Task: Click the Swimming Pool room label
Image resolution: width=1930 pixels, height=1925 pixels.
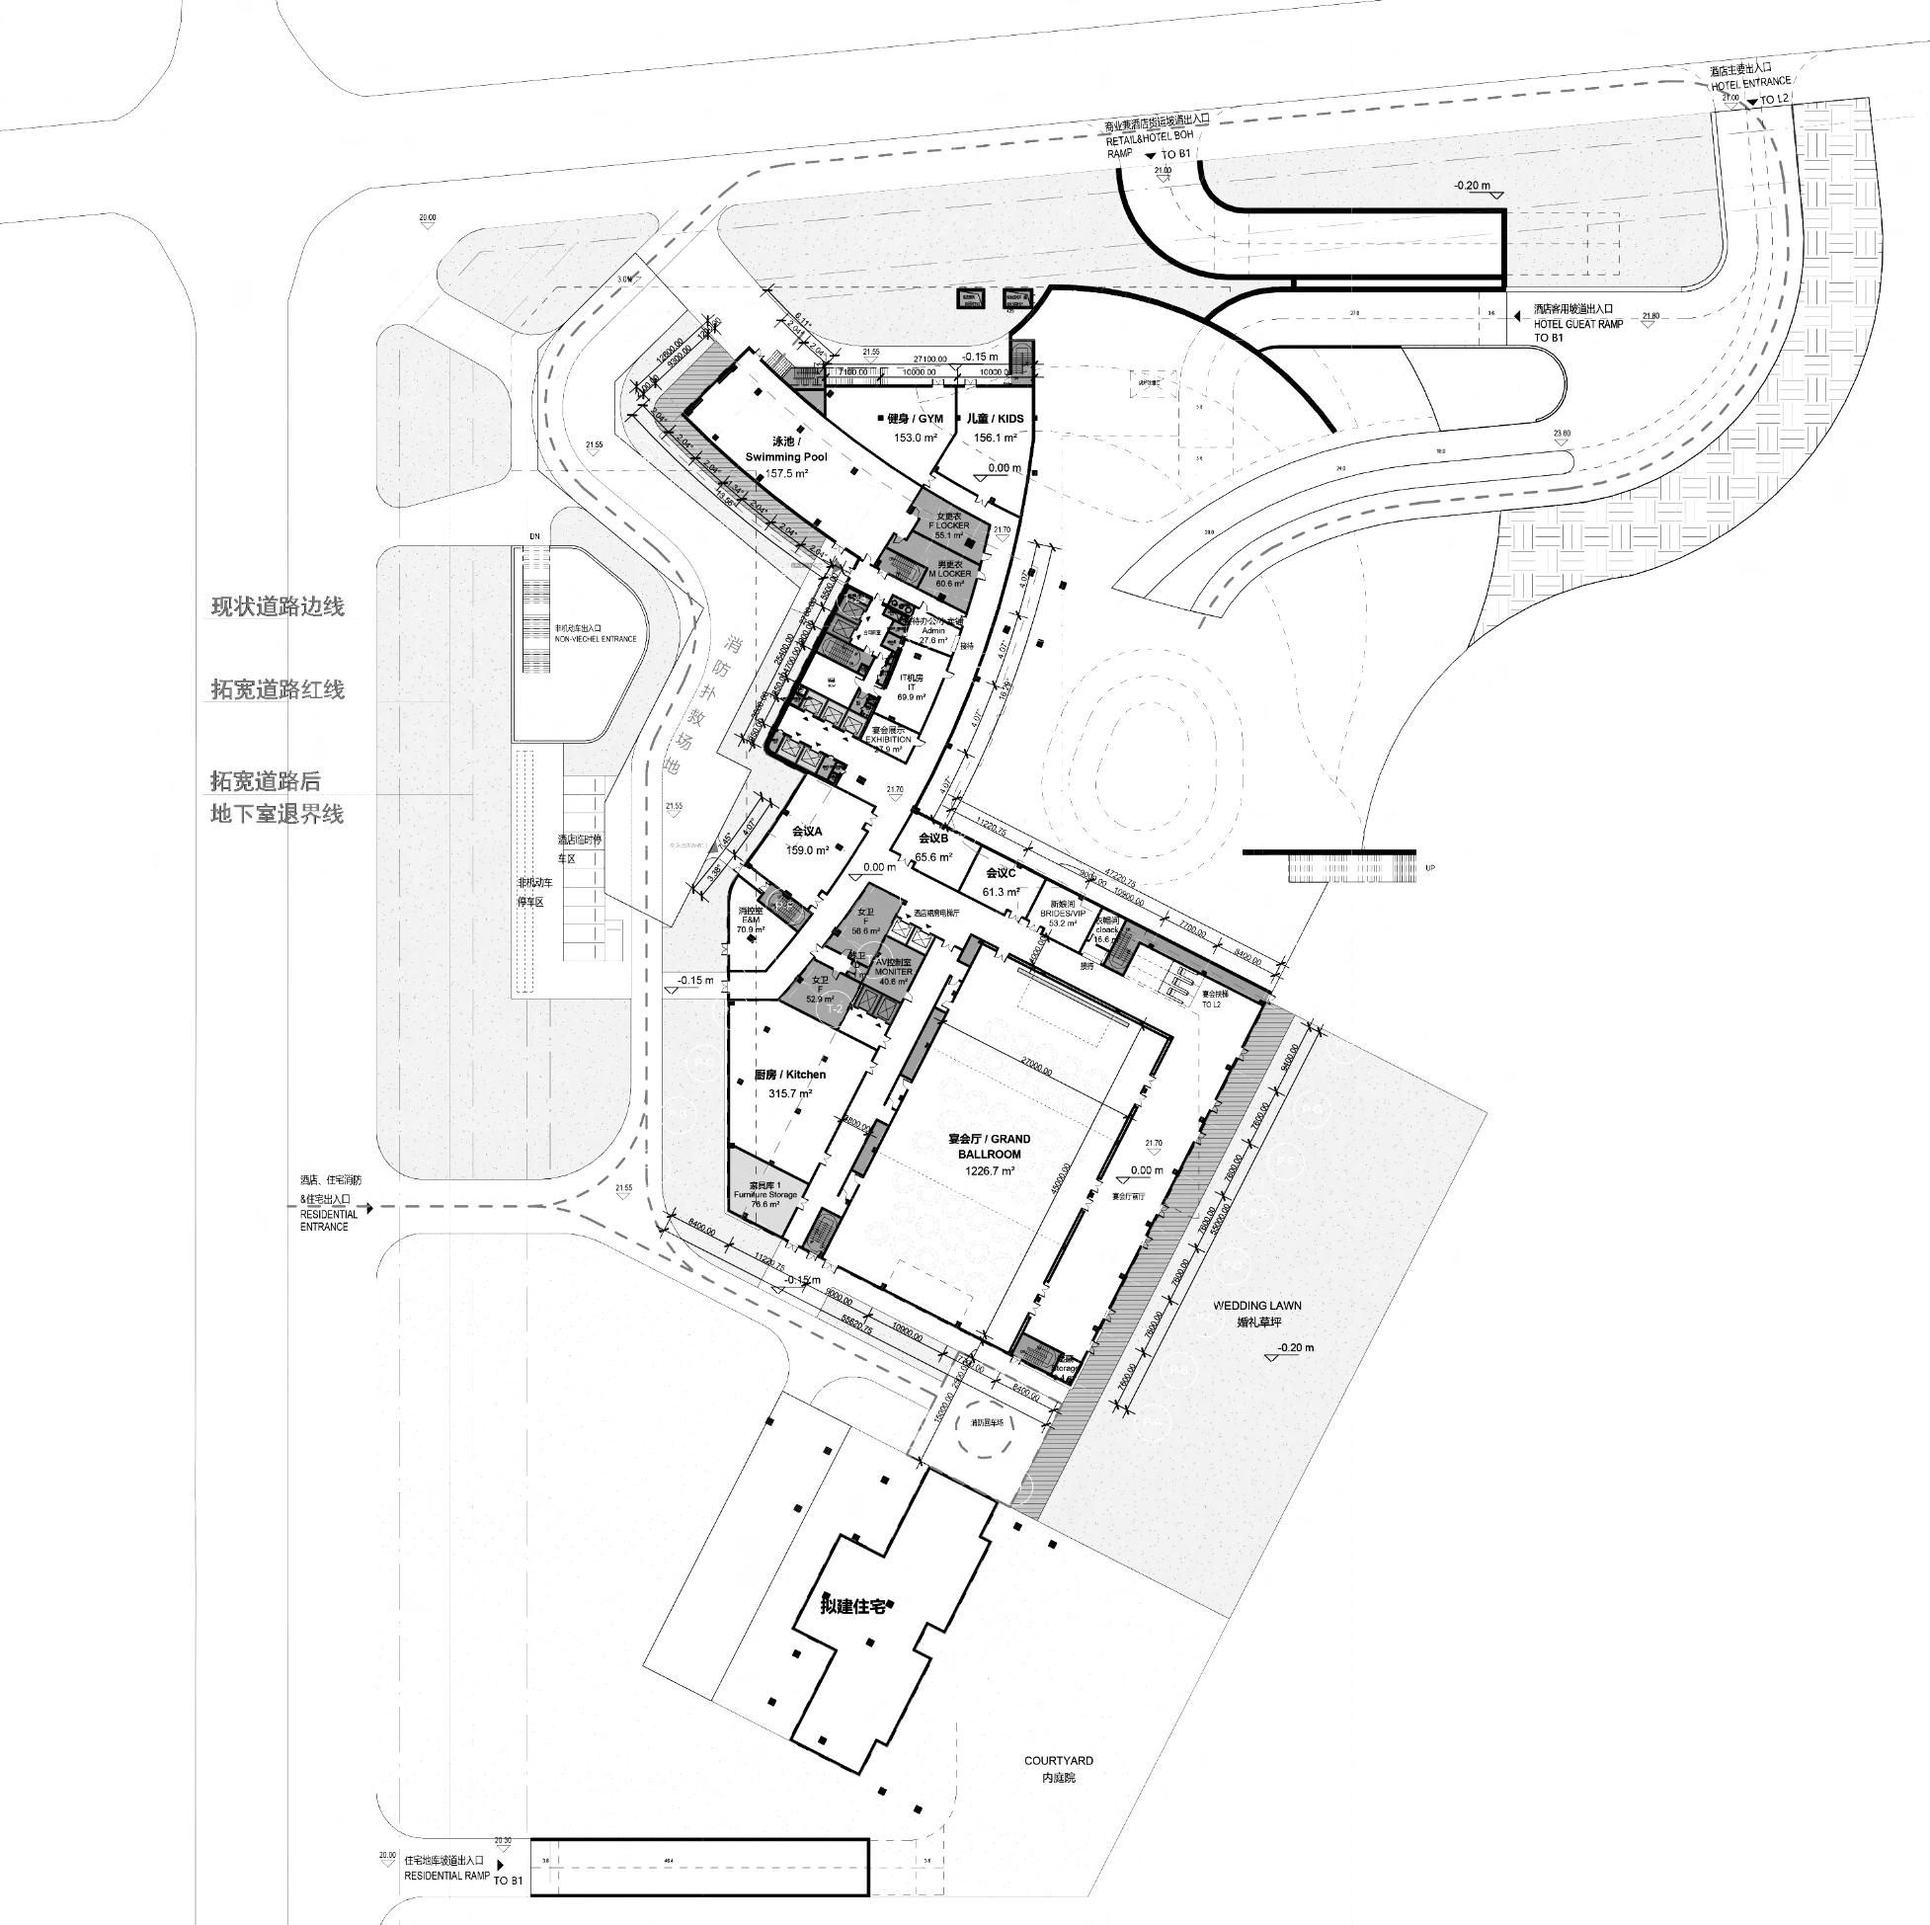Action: point(786,456)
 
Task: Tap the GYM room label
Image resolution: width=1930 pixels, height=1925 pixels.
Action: point(914,419)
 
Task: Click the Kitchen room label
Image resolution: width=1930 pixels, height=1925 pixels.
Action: point(790,1075)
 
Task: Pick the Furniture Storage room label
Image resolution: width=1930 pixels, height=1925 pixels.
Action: point(765,1194)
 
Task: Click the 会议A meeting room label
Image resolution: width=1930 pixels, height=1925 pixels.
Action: point(806,831)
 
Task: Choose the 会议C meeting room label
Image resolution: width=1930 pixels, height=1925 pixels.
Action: point(1000,873)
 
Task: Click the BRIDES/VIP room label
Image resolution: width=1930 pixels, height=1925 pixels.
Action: point(1062,913)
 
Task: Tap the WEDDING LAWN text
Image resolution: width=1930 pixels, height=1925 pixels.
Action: point(1256,1306)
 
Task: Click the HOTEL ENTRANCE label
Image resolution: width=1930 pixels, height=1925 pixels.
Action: point(1744,86)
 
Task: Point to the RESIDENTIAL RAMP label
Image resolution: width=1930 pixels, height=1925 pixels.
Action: point(447,1877)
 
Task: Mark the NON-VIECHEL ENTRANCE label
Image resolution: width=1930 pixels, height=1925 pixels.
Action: point(596,638)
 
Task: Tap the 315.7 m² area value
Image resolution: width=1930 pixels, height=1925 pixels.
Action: point(789,1094)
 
